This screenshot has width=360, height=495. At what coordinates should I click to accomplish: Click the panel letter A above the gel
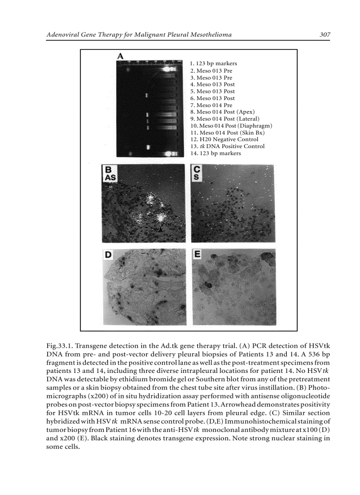[x=120, y=56]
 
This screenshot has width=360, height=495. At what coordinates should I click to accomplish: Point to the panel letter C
[x=197, y=169]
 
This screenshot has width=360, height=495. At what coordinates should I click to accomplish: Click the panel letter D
[x=107, y=254]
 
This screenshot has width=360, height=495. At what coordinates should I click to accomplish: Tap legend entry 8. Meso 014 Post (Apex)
[x=222, y=112]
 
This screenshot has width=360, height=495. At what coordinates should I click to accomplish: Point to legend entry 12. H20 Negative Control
[x=224, y=139]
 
